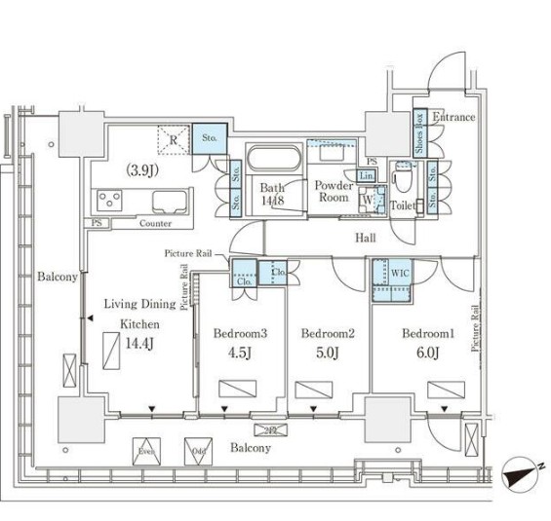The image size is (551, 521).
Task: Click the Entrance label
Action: tap(453, 118)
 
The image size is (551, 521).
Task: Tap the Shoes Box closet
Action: tap(419, 135)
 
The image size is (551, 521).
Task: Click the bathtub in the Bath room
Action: tap(273, 158)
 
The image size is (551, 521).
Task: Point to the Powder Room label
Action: tap(334, 190)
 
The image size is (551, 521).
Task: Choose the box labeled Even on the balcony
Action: tap(146, 451)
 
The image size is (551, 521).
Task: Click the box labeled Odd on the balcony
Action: tap(197, 451)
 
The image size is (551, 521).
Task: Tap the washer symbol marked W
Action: tap(367, 201)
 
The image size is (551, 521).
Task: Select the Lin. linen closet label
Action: tap(366, 175)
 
